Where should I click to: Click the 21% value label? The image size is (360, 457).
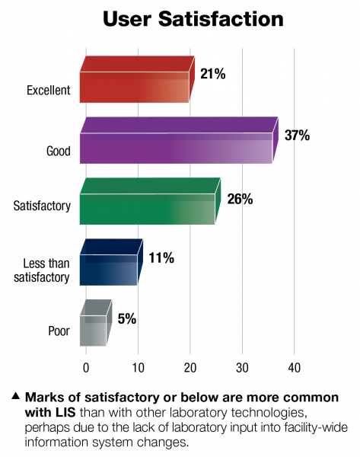[x=213, y=74]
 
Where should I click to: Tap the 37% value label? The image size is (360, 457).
[x=297, y=136]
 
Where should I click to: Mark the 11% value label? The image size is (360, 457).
[x=161, y=258]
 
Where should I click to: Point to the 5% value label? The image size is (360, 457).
[x=127, y=319]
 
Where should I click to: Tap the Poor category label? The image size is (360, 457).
[x=59, y=333]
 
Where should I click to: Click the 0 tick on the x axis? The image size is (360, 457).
[x=86, y=368]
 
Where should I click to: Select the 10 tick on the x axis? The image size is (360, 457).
[x=139, y=368]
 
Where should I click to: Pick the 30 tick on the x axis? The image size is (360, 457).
[x=242, y=368]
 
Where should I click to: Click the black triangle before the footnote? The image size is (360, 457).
[x=15, y=396]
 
